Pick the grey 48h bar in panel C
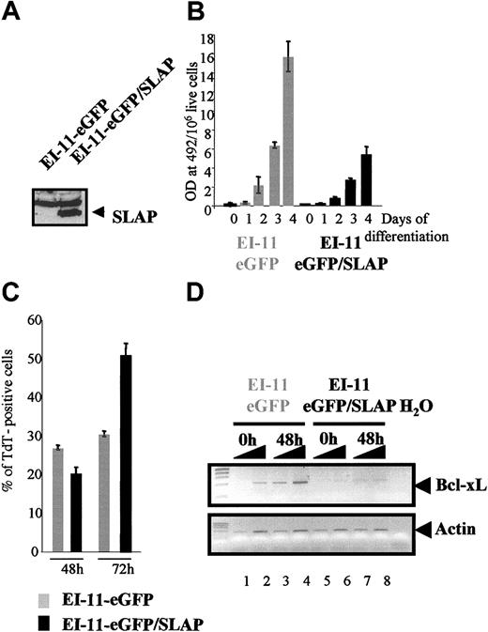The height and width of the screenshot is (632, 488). (58, 500)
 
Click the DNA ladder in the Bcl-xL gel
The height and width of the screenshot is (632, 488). (221, 486)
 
